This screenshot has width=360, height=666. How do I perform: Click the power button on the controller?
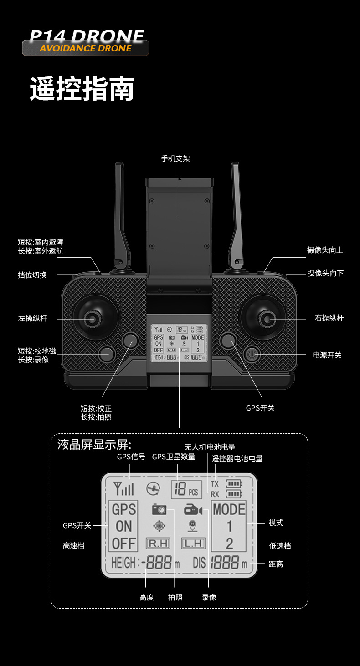252,354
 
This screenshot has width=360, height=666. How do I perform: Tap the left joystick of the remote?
93,318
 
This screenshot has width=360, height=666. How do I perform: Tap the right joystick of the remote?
266,318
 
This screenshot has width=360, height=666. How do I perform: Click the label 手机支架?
175,158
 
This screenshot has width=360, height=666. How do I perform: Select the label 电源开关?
327,355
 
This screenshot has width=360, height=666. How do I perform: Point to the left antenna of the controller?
121,214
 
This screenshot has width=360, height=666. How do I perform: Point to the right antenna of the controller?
237,214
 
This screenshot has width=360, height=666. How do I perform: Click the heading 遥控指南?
82,89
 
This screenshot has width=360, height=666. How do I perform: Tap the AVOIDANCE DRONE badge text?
86,48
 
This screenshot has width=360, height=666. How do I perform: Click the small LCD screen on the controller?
179,343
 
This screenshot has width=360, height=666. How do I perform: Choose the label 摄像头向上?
325,250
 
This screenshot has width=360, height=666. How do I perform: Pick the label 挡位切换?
32,275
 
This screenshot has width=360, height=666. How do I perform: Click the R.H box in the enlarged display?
158,543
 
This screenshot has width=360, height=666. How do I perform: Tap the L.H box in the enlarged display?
193,543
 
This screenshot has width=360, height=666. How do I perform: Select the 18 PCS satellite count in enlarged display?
186,489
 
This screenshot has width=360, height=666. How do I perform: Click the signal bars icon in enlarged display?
124,488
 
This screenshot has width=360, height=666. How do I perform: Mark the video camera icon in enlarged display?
193,510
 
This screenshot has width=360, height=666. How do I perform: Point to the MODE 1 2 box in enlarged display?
229,526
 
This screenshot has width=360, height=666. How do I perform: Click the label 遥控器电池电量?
237,458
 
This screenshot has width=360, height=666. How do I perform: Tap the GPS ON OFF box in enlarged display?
123,526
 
